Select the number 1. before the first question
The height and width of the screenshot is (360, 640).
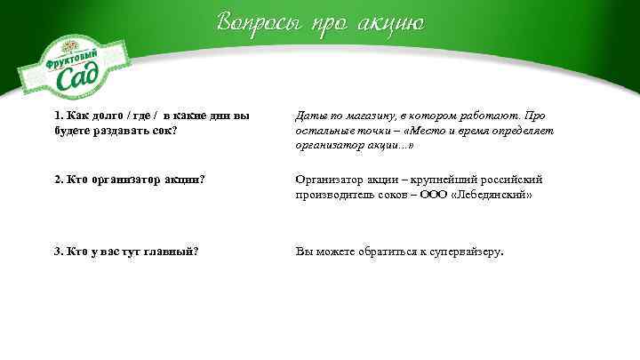[60, 116]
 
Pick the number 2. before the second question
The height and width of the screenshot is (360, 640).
[60, 180]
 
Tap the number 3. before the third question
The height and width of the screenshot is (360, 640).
[60, 252]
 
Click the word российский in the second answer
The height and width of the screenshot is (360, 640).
[516, 180]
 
